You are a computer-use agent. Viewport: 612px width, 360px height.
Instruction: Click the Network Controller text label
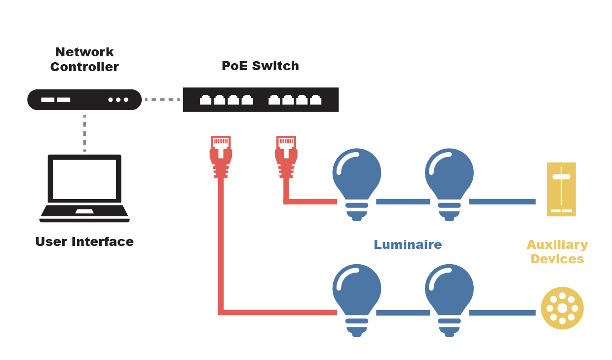(x=84, y=59)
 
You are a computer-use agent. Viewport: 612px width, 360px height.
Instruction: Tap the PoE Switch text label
(x=260, y=66)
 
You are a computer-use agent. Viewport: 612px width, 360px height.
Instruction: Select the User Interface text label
(x=84, y=241)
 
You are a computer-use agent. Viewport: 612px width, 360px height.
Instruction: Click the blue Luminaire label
(x=407, y=244)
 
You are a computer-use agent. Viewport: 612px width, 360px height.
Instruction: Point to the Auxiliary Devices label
(x=557, y=252)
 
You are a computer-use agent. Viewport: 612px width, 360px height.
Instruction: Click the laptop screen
(x=84, y=179)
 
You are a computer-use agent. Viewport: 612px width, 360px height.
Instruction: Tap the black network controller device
(x=84, y=100)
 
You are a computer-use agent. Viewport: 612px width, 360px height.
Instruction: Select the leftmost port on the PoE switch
(x=205, y=100)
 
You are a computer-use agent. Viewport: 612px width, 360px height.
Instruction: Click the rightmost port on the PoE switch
(x=316, y=100)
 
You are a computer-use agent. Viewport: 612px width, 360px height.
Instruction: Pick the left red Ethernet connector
(x=221, y=156)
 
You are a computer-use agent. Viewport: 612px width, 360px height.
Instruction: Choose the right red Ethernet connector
(x=286, y=156)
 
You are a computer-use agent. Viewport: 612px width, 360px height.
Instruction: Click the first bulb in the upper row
(x=357, y=180)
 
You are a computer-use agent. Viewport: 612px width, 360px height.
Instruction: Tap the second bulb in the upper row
(x=449, y=180)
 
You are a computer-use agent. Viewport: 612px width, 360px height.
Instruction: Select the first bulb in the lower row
(x=357, y=296)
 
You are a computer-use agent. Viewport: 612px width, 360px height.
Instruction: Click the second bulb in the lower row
(x=449, y=296)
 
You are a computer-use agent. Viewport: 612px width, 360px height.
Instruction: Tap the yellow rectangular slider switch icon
(x=561, y=189)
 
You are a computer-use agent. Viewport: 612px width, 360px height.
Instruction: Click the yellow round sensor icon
(x=562, y=308)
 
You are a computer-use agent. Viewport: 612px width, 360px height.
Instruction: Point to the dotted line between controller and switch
(x=162, y=100)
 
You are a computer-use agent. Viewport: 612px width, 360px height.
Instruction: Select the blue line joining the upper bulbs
(x=403, y=201)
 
